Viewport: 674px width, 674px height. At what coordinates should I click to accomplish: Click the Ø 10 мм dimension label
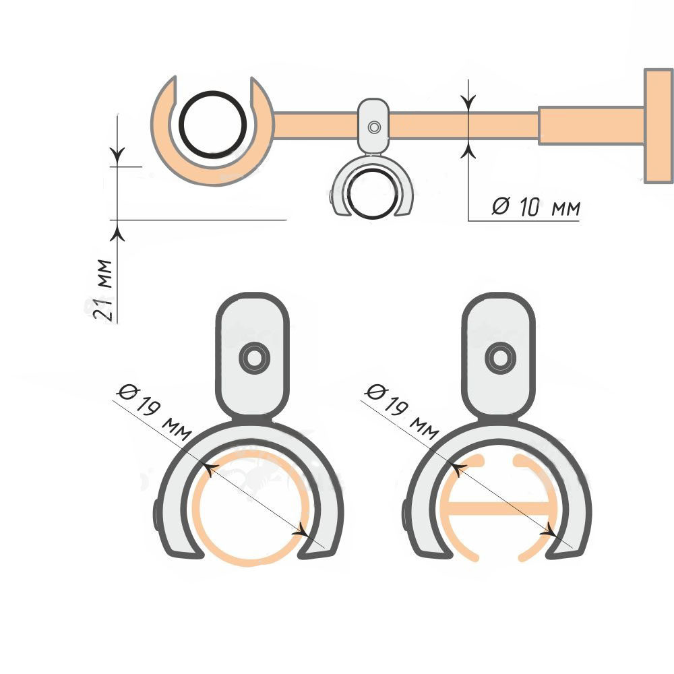[x=536, y=207]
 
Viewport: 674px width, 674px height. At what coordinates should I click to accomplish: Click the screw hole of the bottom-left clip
[x=255, y=358]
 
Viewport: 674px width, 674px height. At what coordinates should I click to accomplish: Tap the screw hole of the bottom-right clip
[x=500, y=358]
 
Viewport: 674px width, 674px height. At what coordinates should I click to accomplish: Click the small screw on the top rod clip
[x=374, y=127]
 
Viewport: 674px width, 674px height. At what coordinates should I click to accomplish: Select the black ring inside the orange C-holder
[x=213, y=124]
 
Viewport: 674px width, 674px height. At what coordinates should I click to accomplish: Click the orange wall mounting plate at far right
[x=658, y=126]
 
